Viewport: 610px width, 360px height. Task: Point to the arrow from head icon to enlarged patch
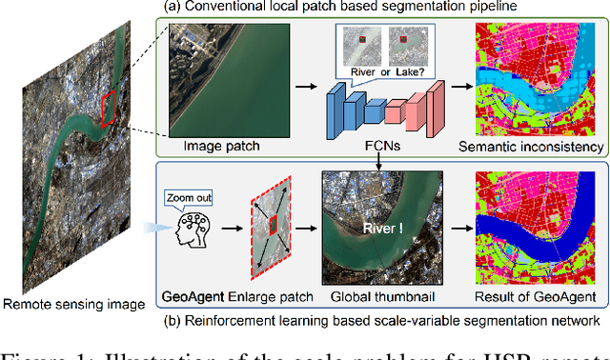(230, 230)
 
